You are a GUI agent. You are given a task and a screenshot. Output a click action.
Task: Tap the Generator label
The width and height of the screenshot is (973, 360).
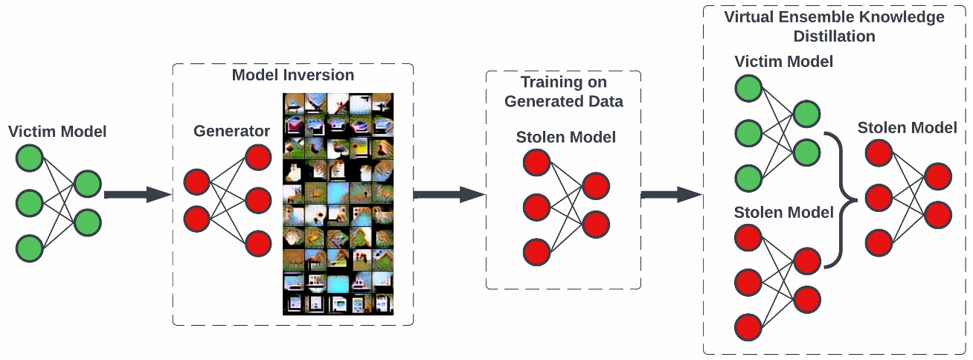[x=231, y=131]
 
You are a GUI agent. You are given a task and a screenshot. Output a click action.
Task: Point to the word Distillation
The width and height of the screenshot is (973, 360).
[x=834, y=36]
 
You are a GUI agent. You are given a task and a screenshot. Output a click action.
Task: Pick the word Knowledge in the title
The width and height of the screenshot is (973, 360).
[x=902, y=17]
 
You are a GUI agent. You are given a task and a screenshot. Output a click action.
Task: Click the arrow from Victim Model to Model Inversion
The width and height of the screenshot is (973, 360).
[x=138, y=195]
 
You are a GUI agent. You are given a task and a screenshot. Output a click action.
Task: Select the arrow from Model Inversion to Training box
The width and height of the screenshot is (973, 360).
[x=449, y=195]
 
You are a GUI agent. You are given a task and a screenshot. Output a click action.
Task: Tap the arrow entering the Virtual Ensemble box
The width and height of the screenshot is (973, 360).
[x=672, y=195]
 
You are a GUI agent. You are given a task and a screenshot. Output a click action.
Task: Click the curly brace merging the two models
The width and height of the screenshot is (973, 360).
[x=841, y=200]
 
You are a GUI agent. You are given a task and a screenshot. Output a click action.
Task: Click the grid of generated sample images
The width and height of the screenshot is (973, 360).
[x=338, y=204]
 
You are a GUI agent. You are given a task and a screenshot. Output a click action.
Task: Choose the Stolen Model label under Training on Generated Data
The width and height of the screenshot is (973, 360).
[x=565, y=137]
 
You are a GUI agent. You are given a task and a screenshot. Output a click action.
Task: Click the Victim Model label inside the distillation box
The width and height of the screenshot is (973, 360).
[x=783, y=62]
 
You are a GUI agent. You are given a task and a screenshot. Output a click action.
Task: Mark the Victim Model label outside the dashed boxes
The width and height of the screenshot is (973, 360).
[x=57, y=132]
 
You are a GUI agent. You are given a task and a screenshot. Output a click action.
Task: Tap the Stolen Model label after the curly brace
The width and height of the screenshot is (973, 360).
[x=907, y=128]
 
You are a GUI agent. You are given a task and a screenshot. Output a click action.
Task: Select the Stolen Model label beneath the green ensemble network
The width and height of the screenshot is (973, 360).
[x=783, y=212]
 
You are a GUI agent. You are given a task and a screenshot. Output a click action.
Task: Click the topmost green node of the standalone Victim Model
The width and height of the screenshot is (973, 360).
[x=30, y=158]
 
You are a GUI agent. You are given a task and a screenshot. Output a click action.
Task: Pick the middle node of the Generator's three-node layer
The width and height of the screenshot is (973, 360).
[x=258, y=201]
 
